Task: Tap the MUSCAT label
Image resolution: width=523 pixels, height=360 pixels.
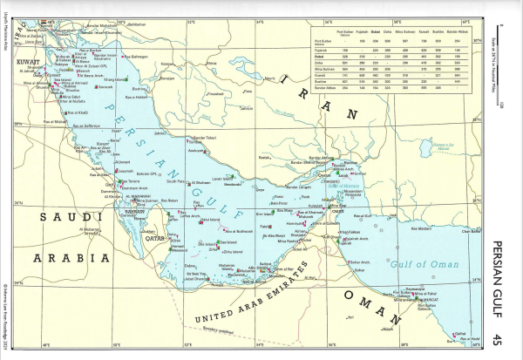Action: (x=426, y=298)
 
